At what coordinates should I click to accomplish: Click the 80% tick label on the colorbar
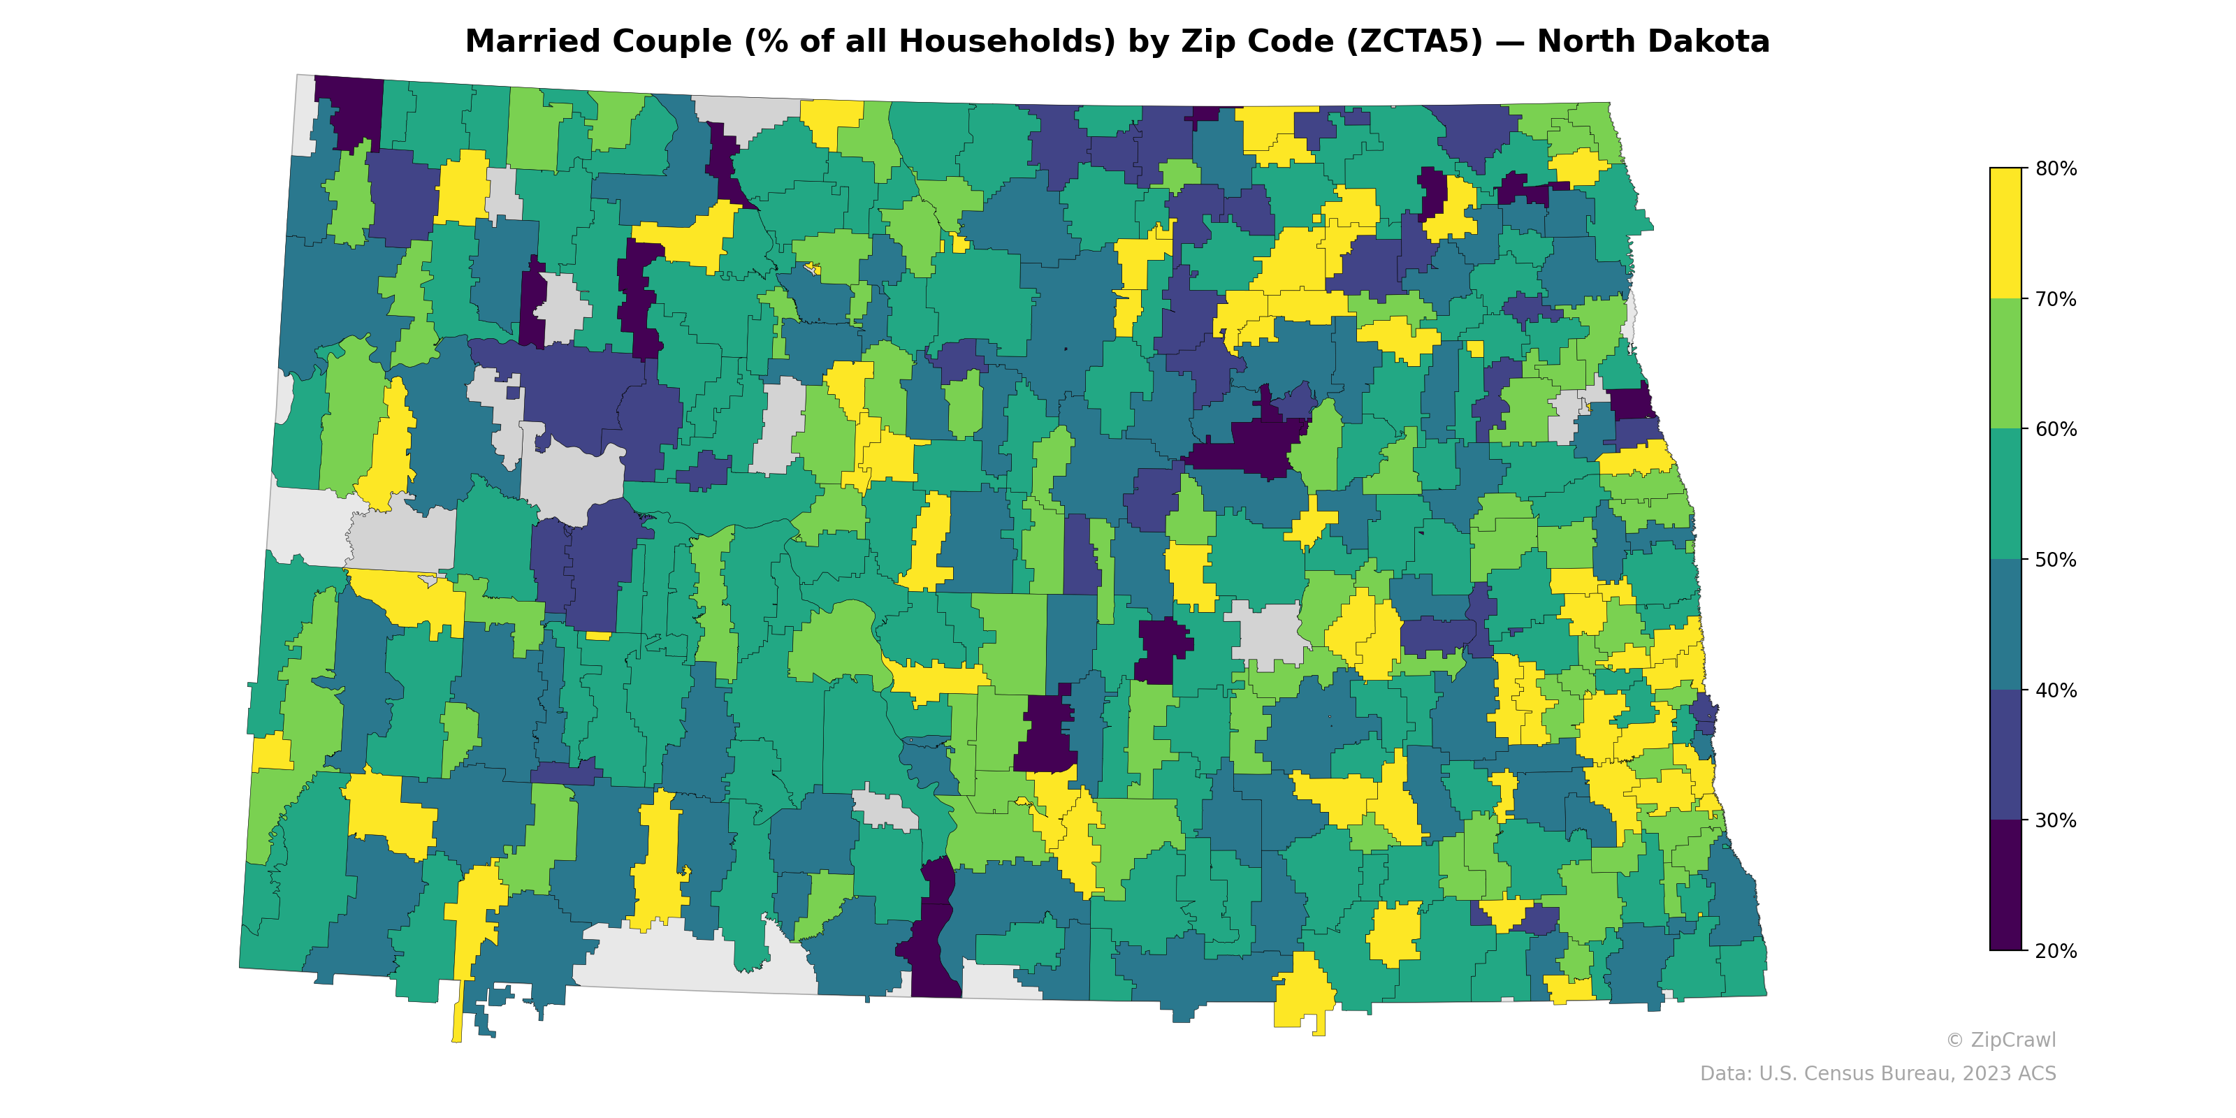(x=2056, y=168)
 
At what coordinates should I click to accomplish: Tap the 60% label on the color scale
(x=2056, y=430)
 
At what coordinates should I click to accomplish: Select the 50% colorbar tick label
(x=2056, y=560)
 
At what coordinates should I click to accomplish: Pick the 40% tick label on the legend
(x=2056, y=691)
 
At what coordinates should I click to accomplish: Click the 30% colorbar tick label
(x=2056, y=821)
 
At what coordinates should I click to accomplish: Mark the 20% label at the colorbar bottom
(x=2056, y=951)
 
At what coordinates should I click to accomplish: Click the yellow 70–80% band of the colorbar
(x=2005, y=233)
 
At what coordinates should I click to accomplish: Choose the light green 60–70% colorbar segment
(x=2005, y=363)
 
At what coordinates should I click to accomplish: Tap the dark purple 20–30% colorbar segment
(x=2005, y=885)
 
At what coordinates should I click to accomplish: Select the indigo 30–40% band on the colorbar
(x=2005, y=755)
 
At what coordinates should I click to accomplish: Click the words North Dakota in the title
(x=1653, y=42)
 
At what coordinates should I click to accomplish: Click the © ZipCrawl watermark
(x=2000, y=1040)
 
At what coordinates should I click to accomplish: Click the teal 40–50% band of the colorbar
(x=2005, y=625)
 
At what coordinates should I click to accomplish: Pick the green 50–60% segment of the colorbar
(x=2005, y=495)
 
